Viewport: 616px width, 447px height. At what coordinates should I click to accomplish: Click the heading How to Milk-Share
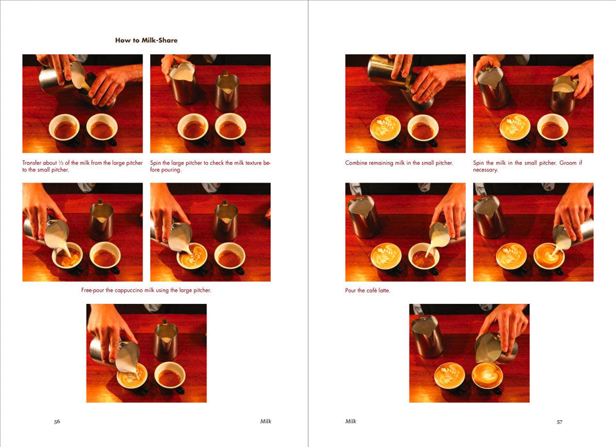(146, 40)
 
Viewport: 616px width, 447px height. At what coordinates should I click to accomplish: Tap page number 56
(57, 421)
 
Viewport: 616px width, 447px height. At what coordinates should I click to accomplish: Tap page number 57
(559, 421)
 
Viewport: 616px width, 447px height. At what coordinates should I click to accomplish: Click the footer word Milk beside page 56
(265, 421)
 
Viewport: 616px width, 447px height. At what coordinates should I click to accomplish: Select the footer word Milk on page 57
(351, 421)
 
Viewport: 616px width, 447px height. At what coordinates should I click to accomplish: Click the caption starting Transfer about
(82, 167)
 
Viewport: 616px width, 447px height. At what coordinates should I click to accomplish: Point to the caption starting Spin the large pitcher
(210, 167)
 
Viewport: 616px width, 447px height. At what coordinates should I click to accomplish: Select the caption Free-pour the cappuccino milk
(146, 291)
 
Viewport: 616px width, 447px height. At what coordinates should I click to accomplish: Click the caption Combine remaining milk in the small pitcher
(399, 163)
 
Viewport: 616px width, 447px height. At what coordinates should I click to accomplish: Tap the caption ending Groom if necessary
(532, 167)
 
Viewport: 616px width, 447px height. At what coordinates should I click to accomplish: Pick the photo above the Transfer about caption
(82, 103)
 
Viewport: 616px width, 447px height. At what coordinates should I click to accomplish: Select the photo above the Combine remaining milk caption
(405, 103)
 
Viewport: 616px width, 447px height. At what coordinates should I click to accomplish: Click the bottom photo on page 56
(146, 353)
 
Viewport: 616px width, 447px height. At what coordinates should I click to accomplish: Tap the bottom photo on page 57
(469, 353)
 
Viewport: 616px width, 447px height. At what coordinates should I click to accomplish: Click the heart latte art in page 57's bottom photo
(487, 375)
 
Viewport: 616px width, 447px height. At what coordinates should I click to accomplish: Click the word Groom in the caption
(570, 163)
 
